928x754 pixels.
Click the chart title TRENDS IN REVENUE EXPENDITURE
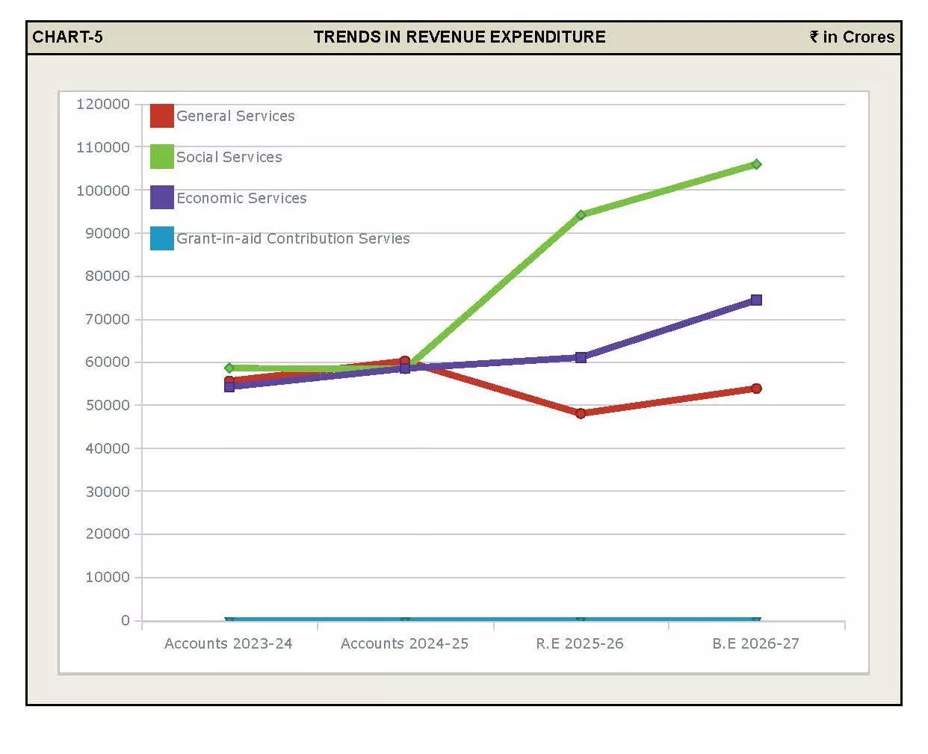tap(460, 37)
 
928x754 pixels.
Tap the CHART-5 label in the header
tap(67, 37)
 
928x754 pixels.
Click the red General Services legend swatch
tap(161, 116)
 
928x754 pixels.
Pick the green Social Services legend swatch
tap(161, 157)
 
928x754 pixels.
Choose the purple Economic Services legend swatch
tap(161, 197)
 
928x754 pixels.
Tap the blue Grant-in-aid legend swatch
tap(161, 238)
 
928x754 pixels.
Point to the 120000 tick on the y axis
tap(103, 104)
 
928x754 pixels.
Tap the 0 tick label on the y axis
tap(126, 620)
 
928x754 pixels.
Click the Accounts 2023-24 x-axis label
tap(229, 643)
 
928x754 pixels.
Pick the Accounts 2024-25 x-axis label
tap(404, 643)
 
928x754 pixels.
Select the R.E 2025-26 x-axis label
tap(580, 643)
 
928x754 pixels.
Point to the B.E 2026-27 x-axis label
tap(755, 643)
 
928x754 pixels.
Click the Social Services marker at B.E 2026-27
tap(756, 164)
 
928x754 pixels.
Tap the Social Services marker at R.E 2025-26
tap(581, 214)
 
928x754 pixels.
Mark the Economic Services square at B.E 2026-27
tap(756, 300)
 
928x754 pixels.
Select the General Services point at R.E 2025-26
tap(581, 413)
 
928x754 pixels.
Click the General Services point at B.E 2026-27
tap(756, 389)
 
